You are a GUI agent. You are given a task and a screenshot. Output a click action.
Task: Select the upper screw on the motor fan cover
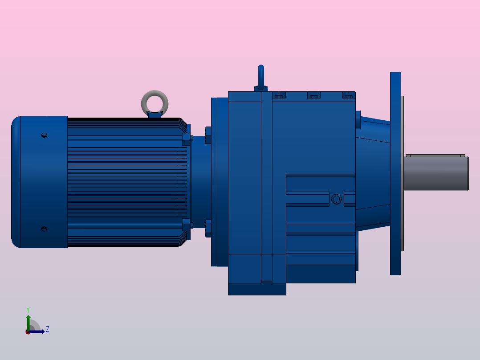tap(44, 135)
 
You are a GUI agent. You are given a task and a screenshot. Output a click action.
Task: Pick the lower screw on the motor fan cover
tap(44, 229)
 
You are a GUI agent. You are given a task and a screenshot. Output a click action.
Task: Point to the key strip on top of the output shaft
tap(435, 155)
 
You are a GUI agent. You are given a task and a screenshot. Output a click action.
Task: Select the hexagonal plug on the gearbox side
tap(336, 199)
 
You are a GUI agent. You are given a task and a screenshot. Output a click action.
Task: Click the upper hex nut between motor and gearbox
tap(208, 135)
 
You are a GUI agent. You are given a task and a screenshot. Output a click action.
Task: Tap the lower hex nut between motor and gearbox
tap(208, 228)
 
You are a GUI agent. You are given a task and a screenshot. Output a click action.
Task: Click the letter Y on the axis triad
tap(28, 309)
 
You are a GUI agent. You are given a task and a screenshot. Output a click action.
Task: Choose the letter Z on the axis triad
tap(47, 330)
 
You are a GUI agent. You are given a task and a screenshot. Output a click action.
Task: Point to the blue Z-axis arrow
tap(38, 331)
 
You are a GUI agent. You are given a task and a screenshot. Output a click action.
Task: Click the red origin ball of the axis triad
tap(28, 332)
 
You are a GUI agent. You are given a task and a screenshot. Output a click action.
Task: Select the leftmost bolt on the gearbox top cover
tap(279, 95)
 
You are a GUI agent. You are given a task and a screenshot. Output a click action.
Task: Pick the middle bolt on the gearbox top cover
tap(313, 95)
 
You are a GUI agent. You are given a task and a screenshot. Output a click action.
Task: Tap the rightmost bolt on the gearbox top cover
tap(349, 95)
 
